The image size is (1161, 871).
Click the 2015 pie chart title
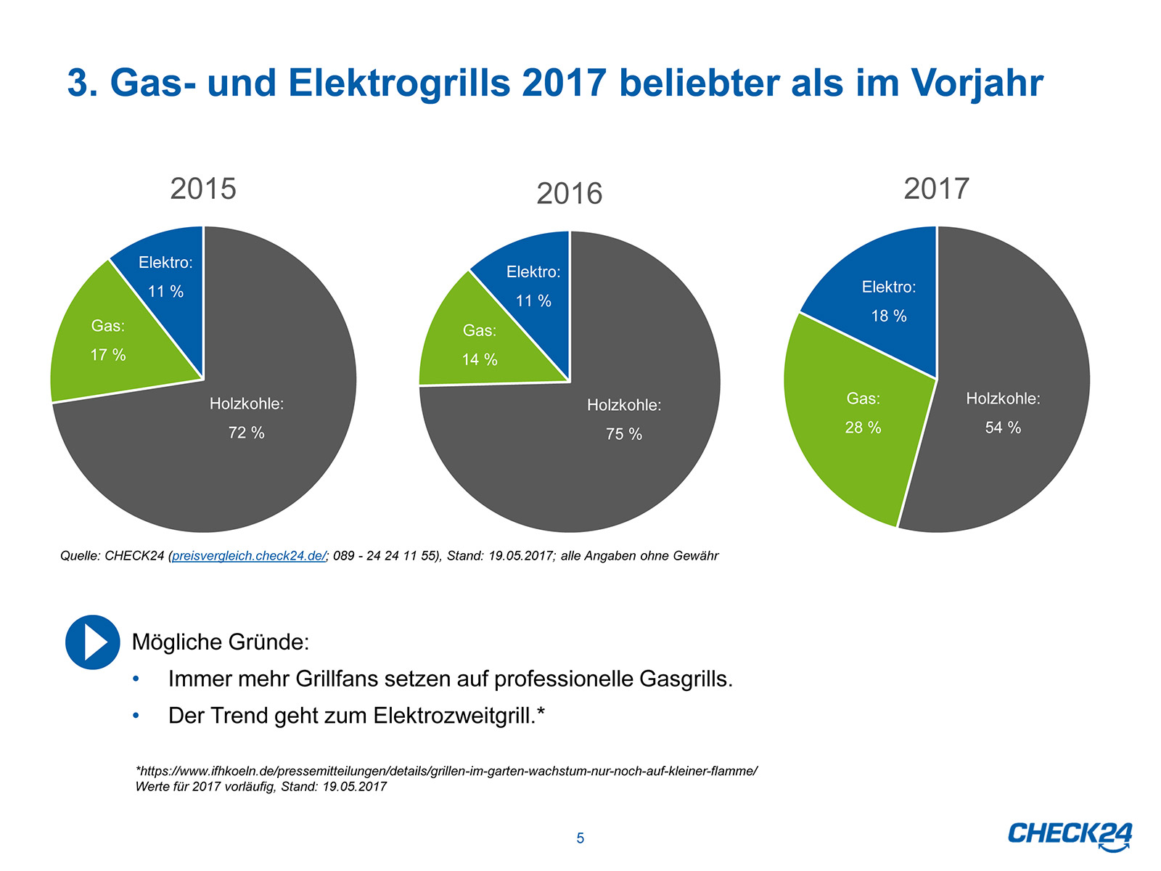[203, 189]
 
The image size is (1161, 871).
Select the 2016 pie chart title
[570, 194]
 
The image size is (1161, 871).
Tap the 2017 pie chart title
[936, 189]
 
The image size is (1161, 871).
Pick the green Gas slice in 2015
[109, 341]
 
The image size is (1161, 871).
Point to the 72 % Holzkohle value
[247, 433]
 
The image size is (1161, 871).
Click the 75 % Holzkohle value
[624, 434]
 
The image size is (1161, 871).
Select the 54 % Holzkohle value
[1003, 428]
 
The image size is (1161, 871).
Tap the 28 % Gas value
[863, 428]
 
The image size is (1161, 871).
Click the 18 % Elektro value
[889, 316]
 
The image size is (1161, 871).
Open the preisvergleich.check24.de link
[249, 556]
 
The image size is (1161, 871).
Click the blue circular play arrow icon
[93, 642]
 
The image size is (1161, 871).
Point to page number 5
[580, 838]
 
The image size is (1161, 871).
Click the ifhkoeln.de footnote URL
[447, 771]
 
